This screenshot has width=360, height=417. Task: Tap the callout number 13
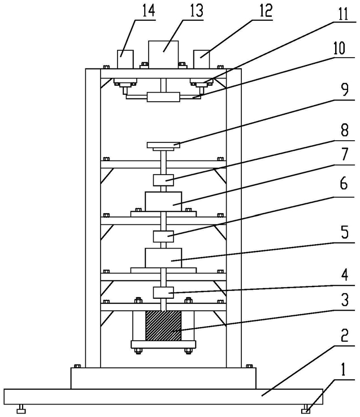click(196, 11)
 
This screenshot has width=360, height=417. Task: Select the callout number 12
click(266, 11)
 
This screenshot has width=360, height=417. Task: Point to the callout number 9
click(344, 90)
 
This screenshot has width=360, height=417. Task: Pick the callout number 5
click(344, 232)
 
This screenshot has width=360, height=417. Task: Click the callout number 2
click(344, 335)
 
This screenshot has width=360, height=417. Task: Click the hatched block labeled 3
click(163, 326)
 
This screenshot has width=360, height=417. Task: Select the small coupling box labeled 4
click(163, 293)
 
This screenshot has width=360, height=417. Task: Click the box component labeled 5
click(163, 258)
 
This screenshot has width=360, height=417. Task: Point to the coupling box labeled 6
click(163, 236)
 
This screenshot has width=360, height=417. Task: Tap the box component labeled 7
click(163, 202)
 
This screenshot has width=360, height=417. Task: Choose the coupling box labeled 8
click(163, 180)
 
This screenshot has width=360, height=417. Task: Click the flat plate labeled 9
click(163, 145)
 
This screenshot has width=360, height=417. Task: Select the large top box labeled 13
click(163, 55)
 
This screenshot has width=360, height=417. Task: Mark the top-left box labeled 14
click(125, 59)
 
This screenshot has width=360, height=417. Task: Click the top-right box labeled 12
click(201, 59)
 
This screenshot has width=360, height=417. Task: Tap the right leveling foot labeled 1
click(306, 409)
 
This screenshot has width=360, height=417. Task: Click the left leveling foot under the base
click(21, 409)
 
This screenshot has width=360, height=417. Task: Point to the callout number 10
click(339, 49)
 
